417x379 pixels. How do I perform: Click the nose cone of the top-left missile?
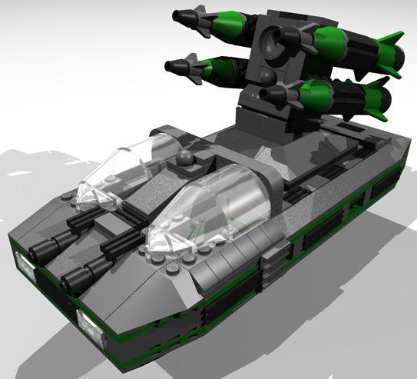[x=182, y=15]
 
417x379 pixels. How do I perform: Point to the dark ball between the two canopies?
[x=184, y=161]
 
